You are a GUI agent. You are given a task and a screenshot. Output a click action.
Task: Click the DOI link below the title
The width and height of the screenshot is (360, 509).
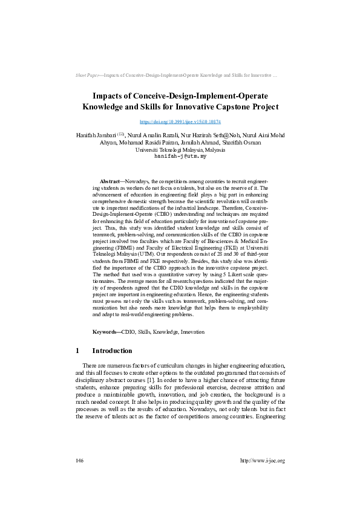pos(180,122)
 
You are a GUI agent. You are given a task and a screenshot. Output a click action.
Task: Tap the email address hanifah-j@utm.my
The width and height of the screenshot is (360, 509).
pos(180,156)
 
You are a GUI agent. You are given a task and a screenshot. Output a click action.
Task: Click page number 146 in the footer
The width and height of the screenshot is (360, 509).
pos(79,461)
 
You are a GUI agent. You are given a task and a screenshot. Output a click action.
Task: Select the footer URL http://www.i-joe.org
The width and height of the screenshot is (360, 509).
pos(263,461)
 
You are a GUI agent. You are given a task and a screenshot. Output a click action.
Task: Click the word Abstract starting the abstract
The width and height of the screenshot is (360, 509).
pos(110,181)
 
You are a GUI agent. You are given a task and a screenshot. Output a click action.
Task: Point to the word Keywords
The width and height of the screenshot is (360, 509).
pos(106,332)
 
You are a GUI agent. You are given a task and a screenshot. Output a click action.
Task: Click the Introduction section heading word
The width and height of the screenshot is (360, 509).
pos(112,351)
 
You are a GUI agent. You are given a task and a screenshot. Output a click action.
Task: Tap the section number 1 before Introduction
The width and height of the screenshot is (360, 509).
pos(77,351)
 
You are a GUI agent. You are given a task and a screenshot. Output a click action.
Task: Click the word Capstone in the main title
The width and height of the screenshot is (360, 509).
pos(218,107)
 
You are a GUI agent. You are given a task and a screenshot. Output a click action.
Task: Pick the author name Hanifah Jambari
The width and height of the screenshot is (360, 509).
pos(96,135)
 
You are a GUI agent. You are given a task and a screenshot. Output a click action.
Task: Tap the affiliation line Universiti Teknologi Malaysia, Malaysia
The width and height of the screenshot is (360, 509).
pos(180,149)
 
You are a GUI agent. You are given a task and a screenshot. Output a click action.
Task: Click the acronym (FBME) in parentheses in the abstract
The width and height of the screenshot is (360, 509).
pos(111,264)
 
